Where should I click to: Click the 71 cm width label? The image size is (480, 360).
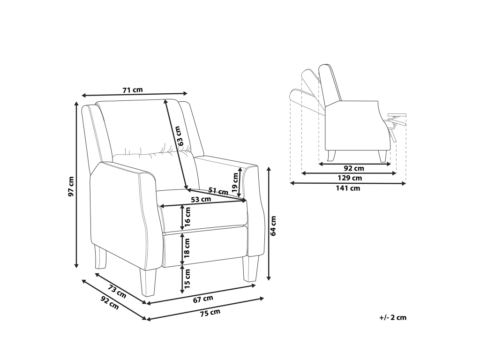[133, 90]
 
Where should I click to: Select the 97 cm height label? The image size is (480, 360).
[71, 186]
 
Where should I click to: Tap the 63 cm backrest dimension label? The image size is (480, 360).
[181, 136]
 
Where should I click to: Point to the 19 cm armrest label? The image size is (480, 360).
[235, 182]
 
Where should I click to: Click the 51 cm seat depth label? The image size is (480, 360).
[218, 191]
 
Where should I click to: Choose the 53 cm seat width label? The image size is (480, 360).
[201, 200]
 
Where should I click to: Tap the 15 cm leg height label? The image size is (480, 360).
[187, 278]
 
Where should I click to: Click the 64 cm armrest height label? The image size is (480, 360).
[273, 226]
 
